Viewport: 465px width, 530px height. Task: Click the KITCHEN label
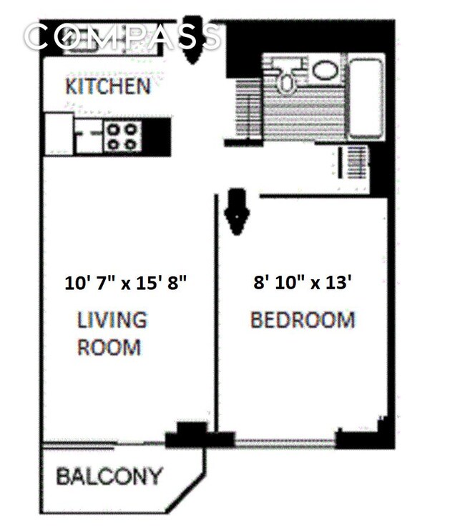108,87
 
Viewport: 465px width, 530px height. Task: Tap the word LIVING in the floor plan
112,320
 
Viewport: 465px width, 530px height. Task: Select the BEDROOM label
303,319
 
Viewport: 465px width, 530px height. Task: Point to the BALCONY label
109,476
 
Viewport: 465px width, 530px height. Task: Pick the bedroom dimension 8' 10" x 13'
303,283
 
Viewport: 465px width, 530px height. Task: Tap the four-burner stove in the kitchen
122,136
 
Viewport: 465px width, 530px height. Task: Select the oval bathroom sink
325,70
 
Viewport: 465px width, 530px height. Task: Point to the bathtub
365,98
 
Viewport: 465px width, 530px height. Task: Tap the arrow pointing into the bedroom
235,211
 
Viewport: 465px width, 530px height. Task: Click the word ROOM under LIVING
109,348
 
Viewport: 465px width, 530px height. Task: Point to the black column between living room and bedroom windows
190,434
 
